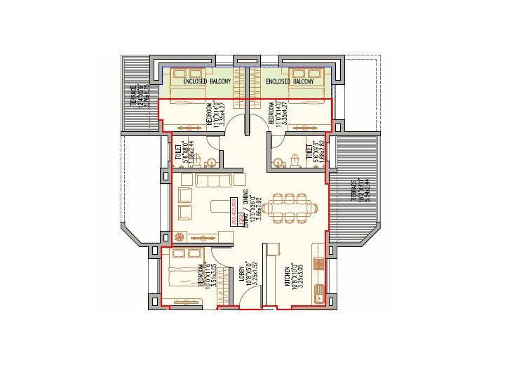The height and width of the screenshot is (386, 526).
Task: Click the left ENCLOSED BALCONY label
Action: pyautogui.click(x=207, y=82)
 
